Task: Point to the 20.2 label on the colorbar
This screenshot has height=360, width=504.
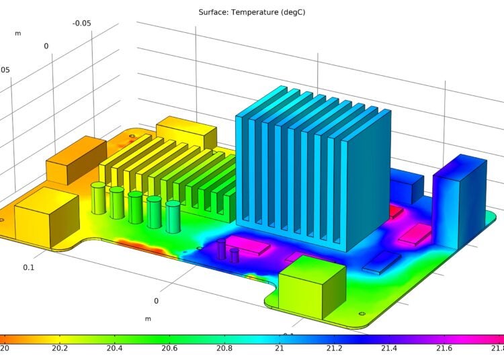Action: pos(59,348)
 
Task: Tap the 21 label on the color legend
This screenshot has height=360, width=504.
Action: pos(279,348)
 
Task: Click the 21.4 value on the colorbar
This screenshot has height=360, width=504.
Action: pos(388,348)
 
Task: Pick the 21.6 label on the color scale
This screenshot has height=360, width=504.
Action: pos(444,348)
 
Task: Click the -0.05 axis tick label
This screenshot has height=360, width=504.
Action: pos(83,24)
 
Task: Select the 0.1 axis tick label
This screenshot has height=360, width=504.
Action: pos(29,267)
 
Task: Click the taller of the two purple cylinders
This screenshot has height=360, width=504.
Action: pos(222,249)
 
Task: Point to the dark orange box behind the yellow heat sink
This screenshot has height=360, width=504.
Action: pos(75,160)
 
